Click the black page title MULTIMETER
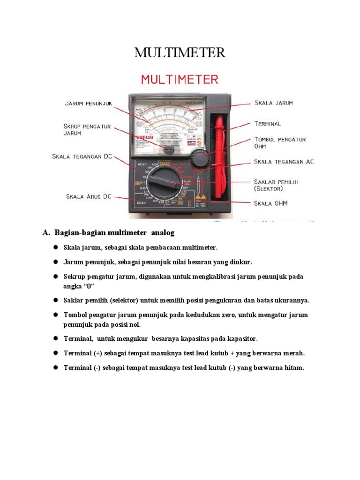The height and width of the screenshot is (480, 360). [x=180, y=53]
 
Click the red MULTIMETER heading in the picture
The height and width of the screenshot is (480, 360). [x=180, y=79]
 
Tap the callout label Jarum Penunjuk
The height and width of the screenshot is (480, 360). [x=88, y=104]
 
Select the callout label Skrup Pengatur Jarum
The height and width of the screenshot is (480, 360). [x=88, y=129]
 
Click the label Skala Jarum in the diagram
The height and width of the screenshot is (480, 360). [x=274, y=103]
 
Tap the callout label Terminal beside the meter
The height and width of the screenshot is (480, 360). [x=268, y=124]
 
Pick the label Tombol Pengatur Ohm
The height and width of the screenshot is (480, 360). [x=280, y=142]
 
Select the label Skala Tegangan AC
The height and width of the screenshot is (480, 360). [x=284, y=162]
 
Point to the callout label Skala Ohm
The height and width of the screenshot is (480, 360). [x=270, y=203]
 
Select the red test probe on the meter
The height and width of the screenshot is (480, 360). [x=219, y=155]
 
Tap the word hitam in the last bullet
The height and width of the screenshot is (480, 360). [x=293, y=368]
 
